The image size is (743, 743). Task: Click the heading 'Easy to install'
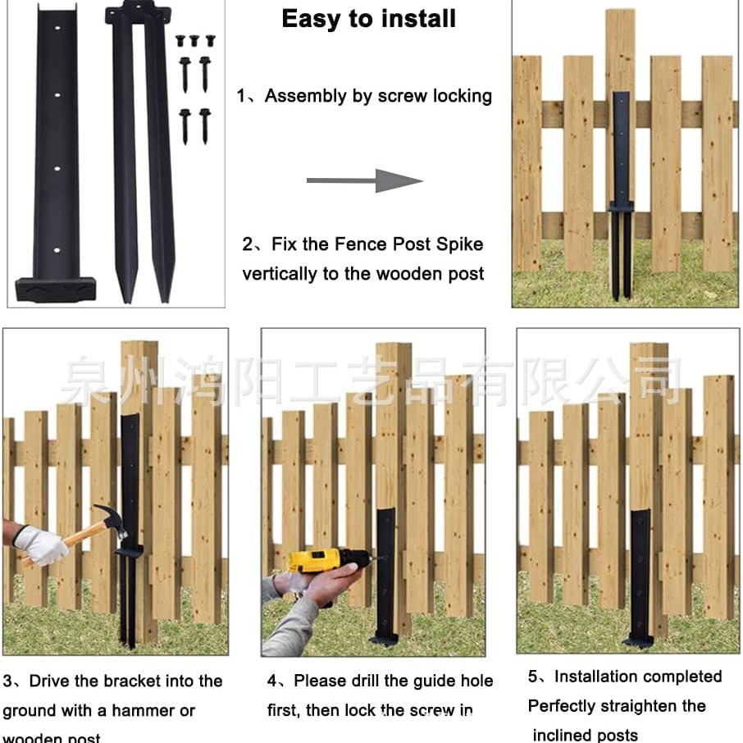tap(368, 19)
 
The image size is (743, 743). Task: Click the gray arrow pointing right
tap(364, 180)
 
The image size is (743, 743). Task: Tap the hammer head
tap(111, 519)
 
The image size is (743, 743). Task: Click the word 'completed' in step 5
tap(682, 677)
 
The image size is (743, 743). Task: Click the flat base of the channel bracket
tap(55, 289)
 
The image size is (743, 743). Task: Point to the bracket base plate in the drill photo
tap(384, 638)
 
